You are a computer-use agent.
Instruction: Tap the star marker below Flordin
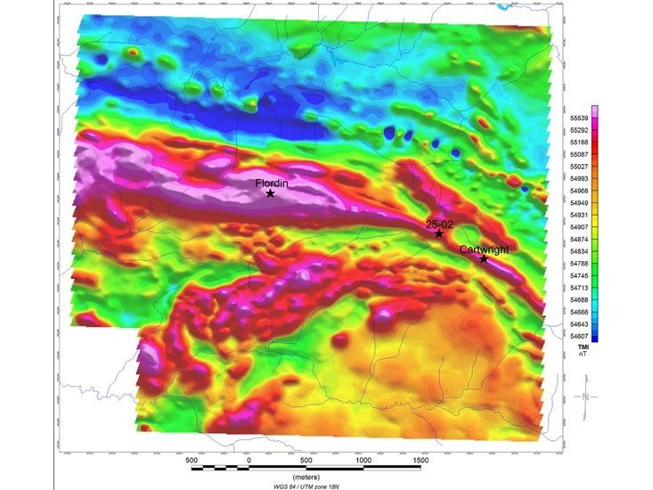click(x=270, y=193)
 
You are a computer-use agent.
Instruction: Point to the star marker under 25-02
click(x=438, y=233)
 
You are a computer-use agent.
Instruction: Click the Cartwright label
click(x=484, y=249)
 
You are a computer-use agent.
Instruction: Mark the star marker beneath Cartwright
click(x=484, y=259)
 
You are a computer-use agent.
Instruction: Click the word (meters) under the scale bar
click(x=306, y=477)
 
